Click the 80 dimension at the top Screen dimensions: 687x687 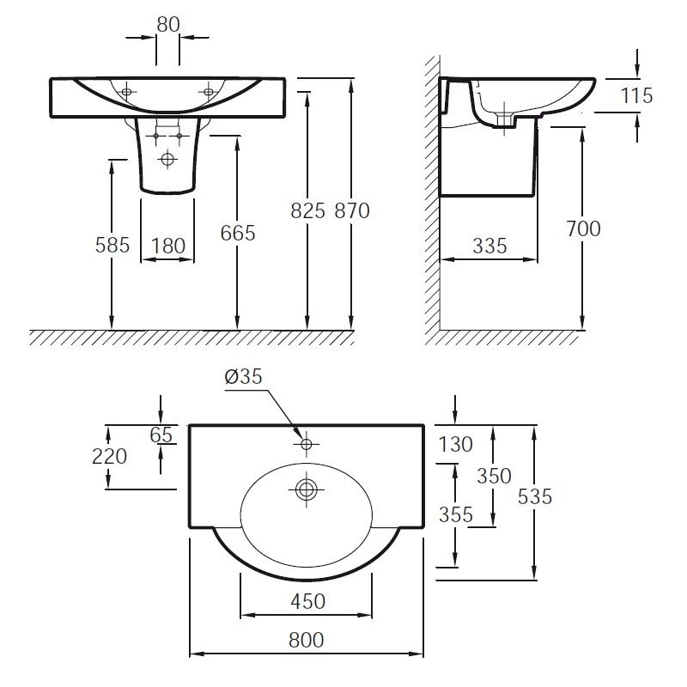click(x=168, y=25)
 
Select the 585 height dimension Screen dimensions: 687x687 click(x=112, y=245)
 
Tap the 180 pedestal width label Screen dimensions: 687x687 click(x=168, y=246)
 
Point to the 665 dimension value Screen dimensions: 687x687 click(x=238, y=233)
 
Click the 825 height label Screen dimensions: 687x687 click(x=308, y=210)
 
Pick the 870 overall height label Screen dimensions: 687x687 click(x=352, y=210)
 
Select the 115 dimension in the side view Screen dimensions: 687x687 click(x=636, y=95)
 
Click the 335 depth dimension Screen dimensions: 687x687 click(x=489, y=246)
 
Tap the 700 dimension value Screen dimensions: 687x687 click(x=583, y=228)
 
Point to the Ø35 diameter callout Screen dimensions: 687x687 click(x=244, y=376)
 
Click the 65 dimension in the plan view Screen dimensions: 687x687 click(x=161, y=435)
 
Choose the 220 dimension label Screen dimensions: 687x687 click(x=110, y=456)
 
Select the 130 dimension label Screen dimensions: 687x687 click(x=456, y=444)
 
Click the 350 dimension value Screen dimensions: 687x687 click(x=495, y=476)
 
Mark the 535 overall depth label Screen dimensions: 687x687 click(x=534, y=497)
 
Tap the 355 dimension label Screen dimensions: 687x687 click(x=456, y=514)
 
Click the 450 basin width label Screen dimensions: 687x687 click(x=308, y=601)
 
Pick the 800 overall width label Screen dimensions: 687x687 click(x=307, y=640)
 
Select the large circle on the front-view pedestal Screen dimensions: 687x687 click(x=167, y=158)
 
